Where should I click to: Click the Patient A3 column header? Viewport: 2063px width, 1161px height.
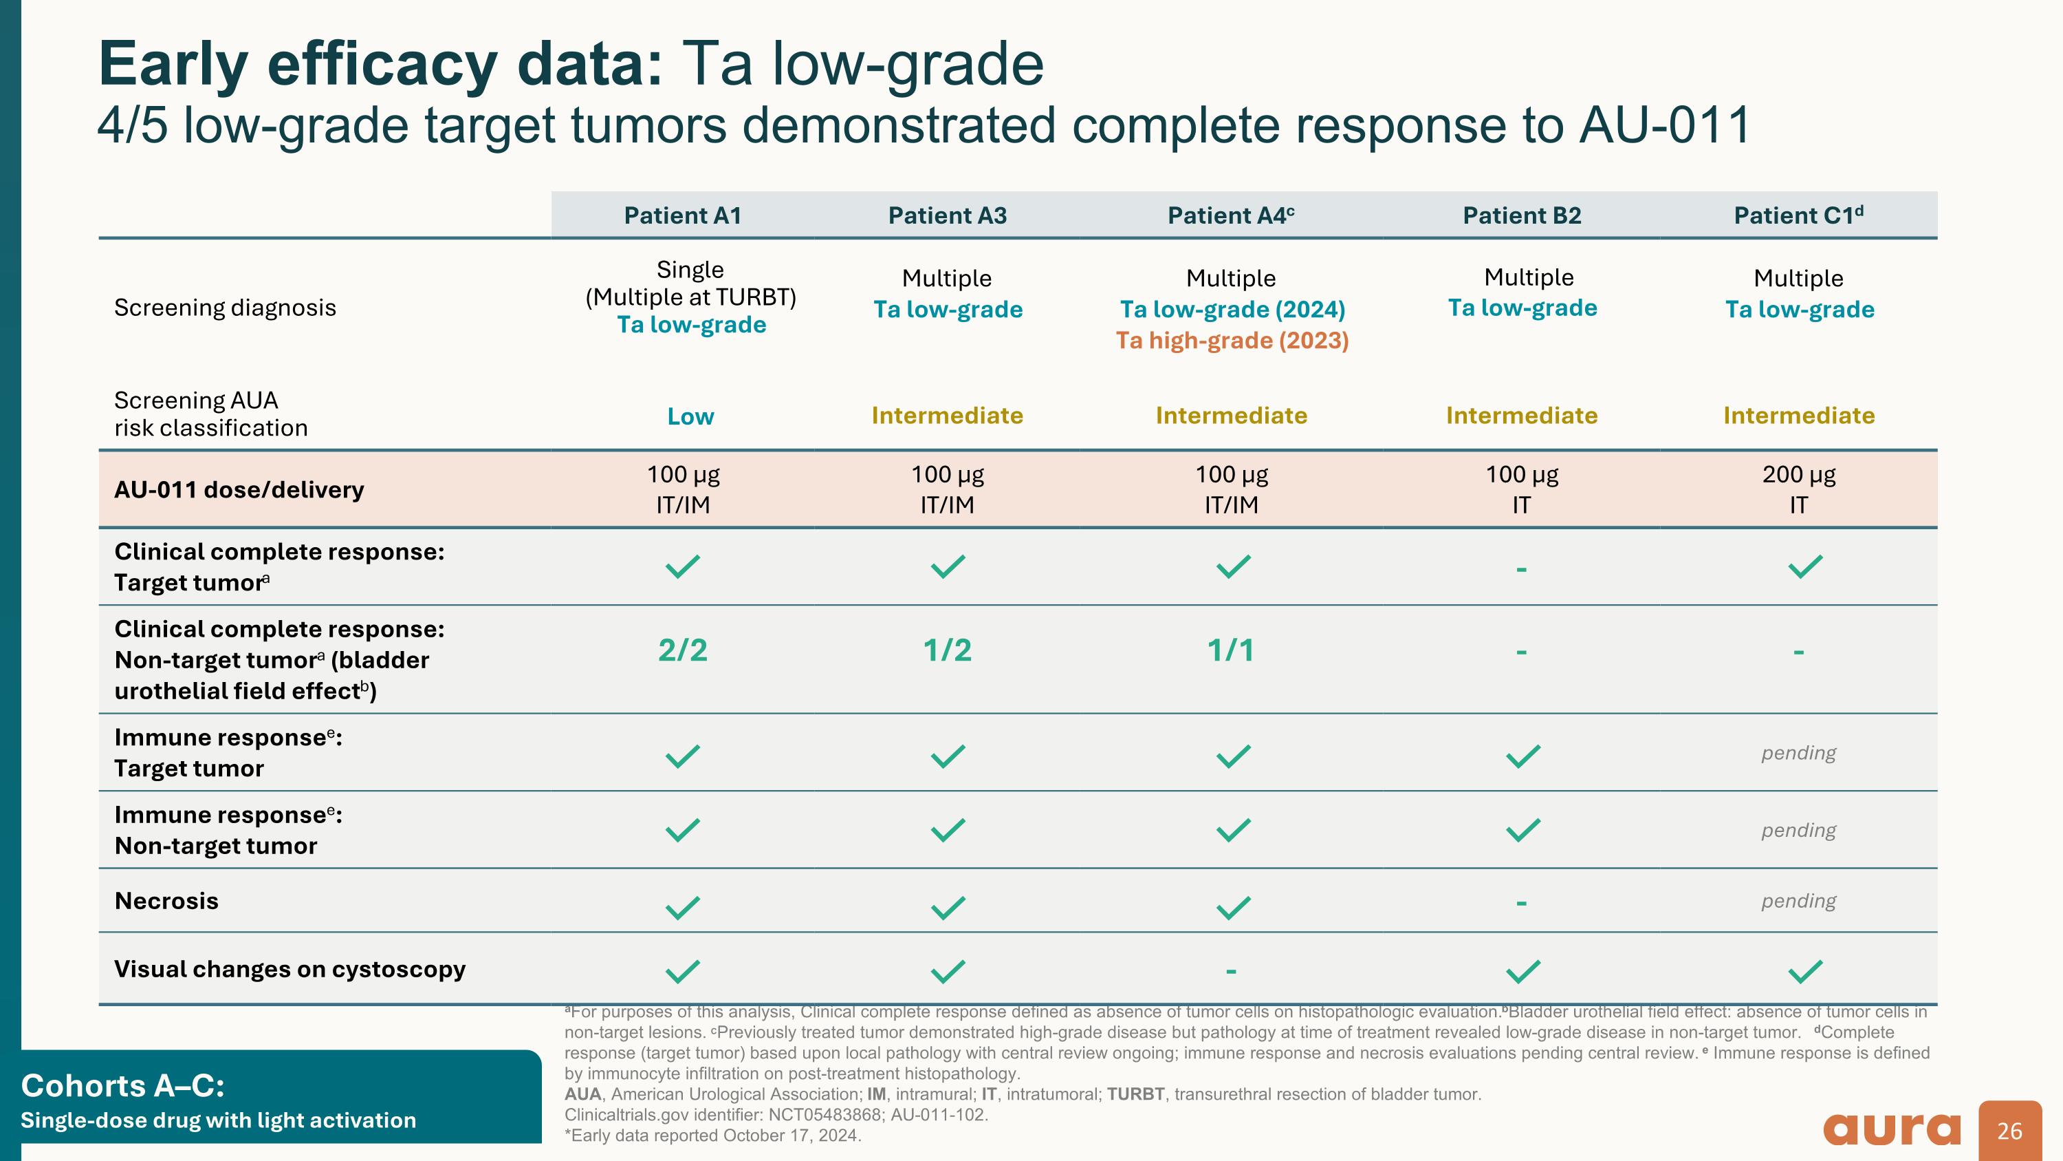pyautogui.click(x=947, y=215)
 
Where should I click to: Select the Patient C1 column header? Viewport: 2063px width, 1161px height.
pyautogui.click(x=1798, y=215)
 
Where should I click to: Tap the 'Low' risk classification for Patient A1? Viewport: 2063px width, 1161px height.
pyautogui.click(x=690, y=416)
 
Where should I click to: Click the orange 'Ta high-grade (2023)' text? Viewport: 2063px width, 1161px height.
pyautogui.click(x=1232, y=341)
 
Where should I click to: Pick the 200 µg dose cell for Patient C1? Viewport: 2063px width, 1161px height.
pyautogui.click(x=1798, y=489)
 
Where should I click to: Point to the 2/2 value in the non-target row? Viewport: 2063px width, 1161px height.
pyautogui.click(x=682, y=650)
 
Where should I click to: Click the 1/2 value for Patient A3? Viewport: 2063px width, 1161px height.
pyautogui.click(x=947, y=650)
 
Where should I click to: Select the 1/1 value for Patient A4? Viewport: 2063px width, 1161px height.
pyautogui.click(x=1231, y=650)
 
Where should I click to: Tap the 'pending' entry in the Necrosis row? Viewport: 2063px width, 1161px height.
pyautogui.click(x=1798, y=901)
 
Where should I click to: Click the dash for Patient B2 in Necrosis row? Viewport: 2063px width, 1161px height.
pyautogui.click(x=1521, y=903)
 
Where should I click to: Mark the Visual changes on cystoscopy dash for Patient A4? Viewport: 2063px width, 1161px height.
pyautogui.click(x=1231, y=971)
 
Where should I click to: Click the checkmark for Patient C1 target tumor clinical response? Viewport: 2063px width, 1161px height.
pyautogui.click(x=1805, y=566)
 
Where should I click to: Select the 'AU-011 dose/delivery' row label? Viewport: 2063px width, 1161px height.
pyautogui.click(x=239, y=489)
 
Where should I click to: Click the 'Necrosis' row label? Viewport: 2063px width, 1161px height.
pyautogui.click(x=166, y=901)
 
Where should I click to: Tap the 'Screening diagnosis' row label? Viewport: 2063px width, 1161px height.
pyautogui.click(x=225, y=308)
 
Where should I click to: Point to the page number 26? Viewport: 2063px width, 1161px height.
pyautogui.click(x=2009, y=1131)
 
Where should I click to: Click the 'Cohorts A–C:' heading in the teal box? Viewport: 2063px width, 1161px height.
pyautogui.click(x=122, y=1086)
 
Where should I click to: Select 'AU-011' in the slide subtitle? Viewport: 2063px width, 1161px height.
pyautogui.click(x=1664, y=126)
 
